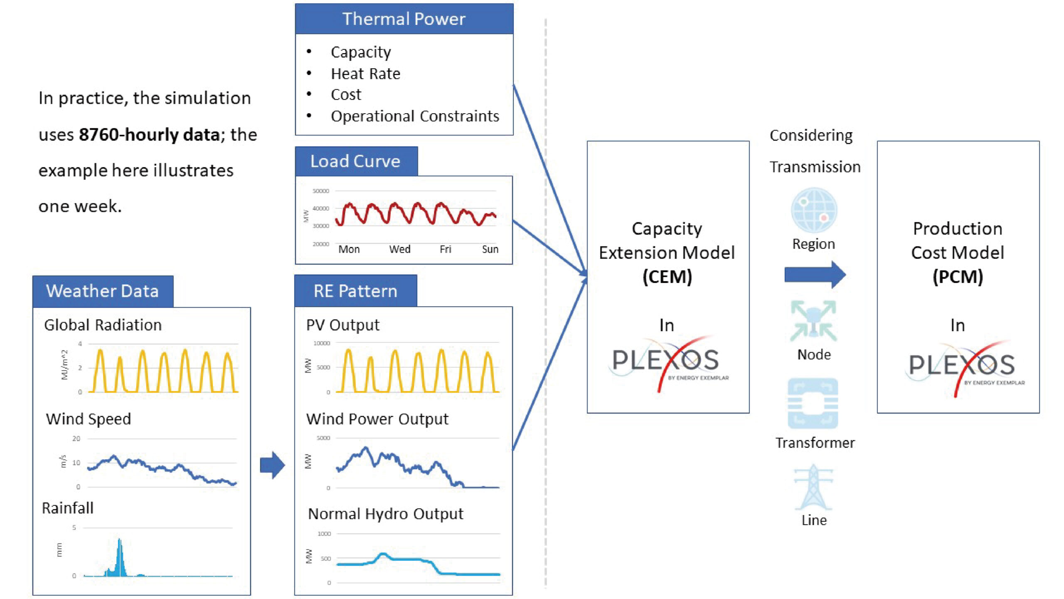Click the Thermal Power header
[404, 19]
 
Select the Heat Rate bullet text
[365, 74]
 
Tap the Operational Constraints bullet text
[415, 116]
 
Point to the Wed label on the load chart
[399, 249]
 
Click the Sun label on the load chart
[490, 249]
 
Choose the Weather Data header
[103, 291]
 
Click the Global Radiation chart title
[103, 325]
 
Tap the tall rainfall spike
[120, 557]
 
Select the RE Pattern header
[356, 291]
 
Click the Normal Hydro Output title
[385, 514]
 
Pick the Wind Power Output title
[377, 419]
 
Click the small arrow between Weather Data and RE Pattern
[272, 465]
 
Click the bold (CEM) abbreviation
[667, 277]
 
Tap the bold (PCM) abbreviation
[958, 277]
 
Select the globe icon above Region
[814, 210]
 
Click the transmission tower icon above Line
[813, 487]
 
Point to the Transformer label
[815, 443]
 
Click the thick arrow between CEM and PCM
[815, 275]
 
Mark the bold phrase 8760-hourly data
[149, 135]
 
